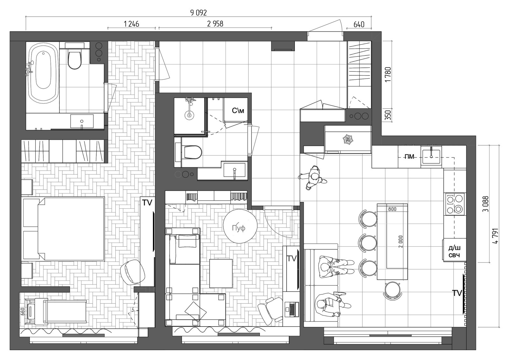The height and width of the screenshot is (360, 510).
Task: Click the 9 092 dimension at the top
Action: (x=199, y=13)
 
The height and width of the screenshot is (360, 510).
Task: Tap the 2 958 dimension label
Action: (x=215, y=24)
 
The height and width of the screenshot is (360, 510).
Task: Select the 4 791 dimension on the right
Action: (x=495, y=236)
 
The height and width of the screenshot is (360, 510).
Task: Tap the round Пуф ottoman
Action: (x=240, y=226)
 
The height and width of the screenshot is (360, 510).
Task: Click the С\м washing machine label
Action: (x=238, y=111)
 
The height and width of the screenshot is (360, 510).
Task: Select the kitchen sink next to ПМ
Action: (x=431, y=155)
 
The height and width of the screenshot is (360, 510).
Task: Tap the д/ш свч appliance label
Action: (x=454, y=251)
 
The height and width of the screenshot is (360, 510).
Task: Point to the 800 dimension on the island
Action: (x=392, y=209)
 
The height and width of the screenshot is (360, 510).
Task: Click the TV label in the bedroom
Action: (x=147, y=203)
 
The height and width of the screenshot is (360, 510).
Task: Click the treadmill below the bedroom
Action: (x=56, y=311)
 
